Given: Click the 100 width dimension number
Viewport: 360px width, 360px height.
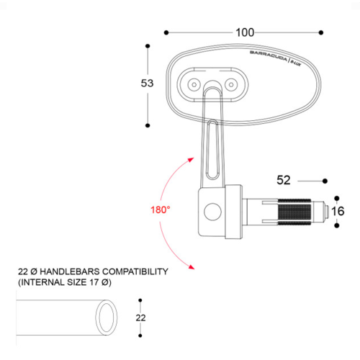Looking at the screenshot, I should pos(245,33).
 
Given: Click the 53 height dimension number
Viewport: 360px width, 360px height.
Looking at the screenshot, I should pos(147,84).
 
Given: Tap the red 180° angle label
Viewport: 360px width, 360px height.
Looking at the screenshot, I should pos(160,210).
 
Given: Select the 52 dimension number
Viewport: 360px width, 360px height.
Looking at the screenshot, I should pos(284,180).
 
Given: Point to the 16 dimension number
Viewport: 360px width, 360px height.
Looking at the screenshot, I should pos(338,211).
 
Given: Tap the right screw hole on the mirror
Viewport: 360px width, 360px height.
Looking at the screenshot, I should pos(231,84).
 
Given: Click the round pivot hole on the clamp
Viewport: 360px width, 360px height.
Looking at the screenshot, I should pos(211,211).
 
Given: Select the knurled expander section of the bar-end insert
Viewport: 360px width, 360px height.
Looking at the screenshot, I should pos(292,211).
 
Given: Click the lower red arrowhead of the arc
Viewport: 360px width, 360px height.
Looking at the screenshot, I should pos(191,267).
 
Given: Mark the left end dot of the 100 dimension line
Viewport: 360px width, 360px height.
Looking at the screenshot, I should pos(166,33).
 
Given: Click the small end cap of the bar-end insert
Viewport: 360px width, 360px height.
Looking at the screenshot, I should pos(326,211).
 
